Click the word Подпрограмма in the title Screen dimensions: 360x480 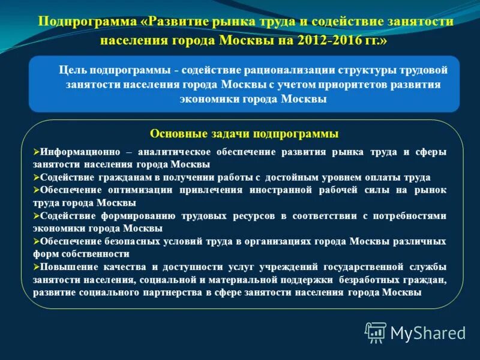(x=88, y=22)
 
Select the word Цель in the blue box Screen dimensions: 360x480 (x=71, y=70)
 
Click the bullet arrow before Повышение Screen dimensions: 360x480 (x=37, y=267)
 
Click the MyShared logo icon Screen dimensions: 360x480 (x=376, y=332)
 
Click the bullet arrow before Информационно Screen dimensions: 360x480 (x=37, y=152)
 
